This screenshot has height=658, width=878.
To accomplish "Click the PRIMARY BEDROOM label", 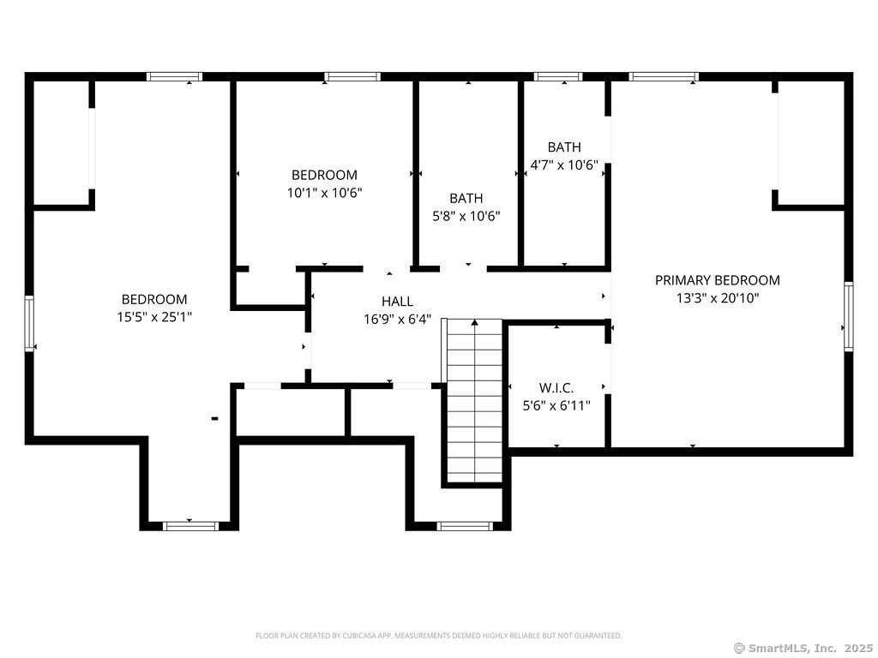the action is point(718,280).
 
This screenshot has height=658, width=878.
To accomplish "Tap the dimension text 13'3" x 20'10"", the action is point(718,297).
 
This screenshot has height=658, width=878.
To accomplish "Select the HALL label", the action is point(398,302).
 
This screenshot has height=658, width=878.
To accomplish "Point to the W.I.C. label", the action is point(556,388).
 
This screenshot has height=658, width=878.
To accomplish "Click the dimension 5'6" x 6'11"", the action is point(556,405).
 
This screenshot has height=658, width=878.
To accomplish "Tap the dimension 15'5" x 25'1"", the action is point(154,317).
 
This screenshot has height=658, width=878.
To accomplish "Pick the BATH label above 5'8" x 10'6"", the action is point(466,198).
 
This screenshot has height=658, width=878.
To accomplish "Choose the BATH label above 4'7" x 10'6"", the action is point(564,147).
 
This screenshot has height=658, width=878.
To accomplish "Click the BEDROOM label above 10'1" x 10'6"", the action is point(324,175).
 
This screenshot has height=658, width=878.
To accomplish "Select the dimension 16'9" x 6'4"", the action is point(398,320).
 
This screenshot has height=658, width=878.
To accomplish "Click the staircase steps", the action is point(475,401).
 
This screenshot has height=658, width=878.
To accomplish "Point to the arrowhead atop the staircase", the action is point(475,322).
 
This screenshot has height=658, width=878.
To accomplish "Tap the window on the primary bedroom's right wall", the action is point(848,316).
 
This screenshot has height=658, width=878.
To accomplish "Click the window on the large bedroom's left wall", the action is point(29,324).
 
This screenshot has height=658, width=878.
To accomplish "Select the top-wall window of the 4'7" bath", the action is point(557,76).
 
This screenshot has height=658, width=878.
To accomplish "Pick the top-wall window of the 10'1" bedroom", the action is point(352,76).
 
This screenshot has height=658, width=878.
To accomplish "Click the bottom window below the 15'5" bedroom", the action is point(189,526).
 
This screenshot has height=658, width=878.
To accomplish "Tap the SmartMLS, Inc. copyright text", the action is point(803,648).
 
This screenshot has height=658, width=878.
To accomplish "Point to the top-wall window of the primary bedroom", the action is point(664,76).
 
